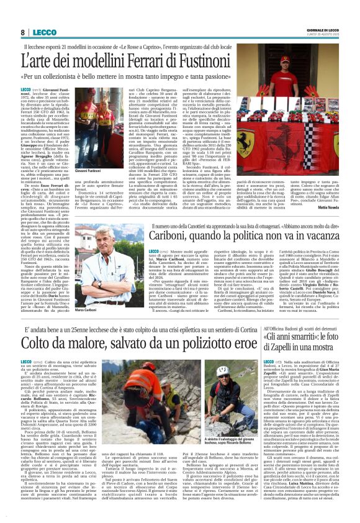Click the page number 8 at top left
pos(22,32)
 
